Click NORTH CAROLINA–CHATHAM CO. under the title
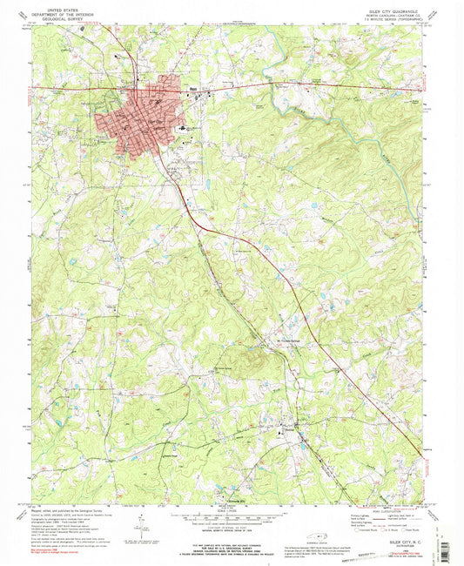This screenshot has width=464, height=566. point(395,15)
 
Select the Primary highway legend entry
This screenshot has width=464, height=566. point(356,516)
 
